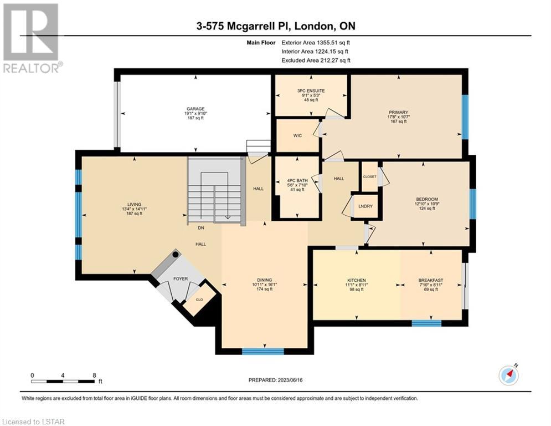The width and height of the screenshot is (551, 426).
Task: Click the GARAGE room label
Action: (195, 109)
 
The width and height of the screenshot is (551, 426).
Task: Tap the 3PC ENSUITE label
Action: (311, 90)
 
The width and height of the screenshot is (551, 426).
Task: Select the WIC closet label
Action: (297, 135)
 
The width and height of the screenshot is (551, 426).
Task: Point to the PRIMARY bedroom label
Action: (398, 112)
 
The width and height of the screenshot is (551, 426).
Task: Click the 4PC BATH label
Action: (297, 181)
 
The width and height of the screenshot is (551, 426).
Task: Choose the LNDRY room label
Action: (365, 206)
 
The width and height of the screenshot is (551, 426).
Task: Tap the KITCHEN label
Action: (357, 280)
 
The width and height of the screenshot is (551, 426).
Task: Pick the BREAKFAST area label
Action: (431, 280)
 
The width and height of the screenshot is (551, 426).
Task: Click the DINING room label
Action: (264, 280)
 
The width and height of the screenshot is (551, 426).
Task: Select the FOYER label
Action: (181, 279)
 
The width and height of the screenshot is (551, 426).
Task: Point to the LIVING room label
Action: (134, 204)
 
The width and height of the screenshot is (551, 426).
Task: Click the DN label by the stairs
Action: (201, 228)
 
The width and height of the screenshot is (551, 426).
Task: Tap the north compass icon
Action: (509, 376)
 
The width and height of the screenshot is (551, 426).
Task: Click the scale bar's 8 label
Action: (94, 376)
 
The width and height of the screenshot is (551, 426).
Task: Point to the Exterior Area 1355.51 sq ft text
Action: (316, 43)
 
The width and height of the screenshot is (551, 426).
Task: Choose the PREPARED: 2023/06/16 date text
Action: (276, 380)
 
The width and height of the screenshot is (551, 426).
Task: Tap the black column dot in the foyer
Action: (176, 254)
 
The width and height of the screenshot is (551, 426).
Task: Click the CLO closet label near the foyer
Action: (199, 300)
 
